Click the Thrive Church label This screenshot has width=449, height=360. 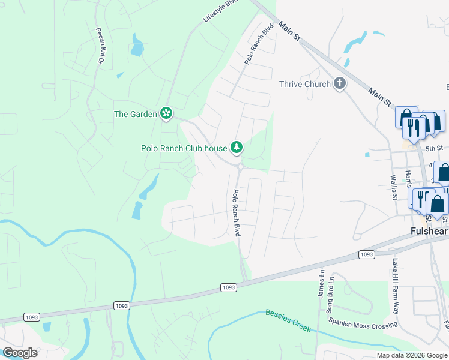tap(304, 84)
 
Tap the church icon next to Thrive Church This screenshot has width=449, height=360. tap(340, 83)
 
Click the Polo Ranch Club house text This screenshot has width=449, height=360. tap(184, 148)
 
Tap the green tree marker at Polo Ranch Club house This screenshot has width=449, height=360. tap(237, 147)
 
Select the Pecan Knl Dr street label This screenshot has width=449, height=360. tap(100, 46)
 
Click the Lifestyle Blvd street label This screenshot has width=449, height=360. tap(220, 11)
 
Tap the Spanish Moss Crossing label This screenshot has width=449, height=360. tap(363, 322)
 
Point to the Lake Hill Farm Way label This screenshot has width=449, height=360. tap(396, 286)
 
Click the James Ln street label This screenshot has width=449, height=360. tap(322, 284)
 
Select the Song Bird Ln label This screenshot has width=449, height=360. tap(330, 295)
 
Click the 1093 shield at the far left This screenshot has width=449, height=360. tap(31, 316)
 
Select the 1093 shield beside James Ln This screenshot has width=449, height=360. tap(367, 254)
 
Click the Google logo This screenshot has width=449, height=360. tap(20, 352)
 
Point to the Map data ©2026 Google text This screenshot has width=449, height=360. tap(411, 355)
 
